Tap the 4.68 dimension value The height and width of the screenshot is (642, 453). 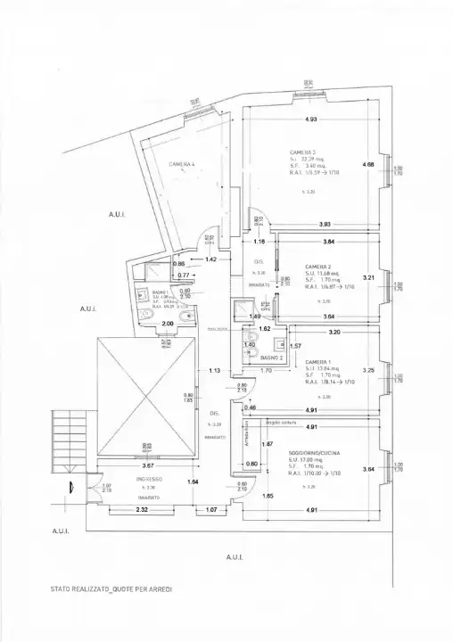tap(367, 164)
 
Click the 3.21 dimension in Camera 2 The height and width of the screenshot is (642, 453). tap(367, 277)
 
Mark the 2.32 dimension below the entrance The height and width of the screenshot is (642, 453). tap(116, 509)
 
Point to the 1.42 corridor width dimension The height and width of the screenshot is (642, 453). tap(212, 259)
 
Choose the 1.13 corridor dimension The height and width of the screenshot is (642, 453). tap(214, 370)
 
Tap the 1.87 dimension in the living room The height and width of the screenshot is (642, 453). tap(266, 444)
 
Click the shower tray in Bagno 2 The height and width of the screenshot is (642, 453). tap(239, 309)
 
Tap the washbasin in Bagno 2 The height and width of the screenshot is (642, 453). tap(279, 344)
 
